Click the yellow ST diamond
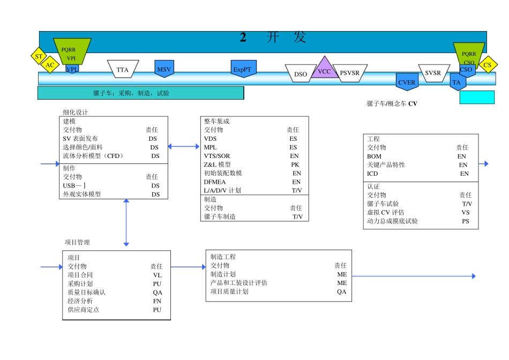coord(38,56)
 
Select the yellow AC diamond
coord(50,65)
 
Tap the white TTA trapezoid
coord(123,69)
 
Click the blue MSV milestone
coord(164,69)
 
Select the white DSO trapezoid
coord(301,74)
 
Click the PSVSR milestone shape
coord(350,73)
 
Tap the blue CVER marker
coord(407,82)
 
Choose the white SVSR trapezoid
coord(433,73)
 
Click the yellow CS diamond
coord(487,65)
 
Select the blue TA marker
coord(456,82)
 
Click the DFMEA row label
coord(215,182)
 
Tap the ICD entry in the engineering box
coord(372,174)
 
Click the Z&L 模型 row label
coord(217,164)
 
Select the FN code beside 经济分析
coord(157,301)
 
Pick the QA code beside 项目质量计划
coord(341,291)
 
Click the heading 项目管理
coord(77,242)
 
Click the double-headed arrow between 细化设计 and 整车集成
coord(183,146)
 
